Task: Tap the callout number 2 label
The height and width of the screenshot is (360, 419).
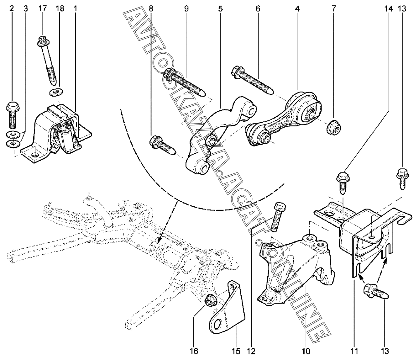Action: (x=12, y=8)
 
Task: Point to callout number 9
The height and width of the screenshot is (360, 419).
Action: (x=186, y=8)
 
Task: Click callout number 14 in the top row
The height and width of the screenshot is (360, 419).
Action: (x=388, y=8)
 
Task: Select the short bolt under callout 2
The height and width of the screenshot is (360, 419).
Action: (x=12, y=115)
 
